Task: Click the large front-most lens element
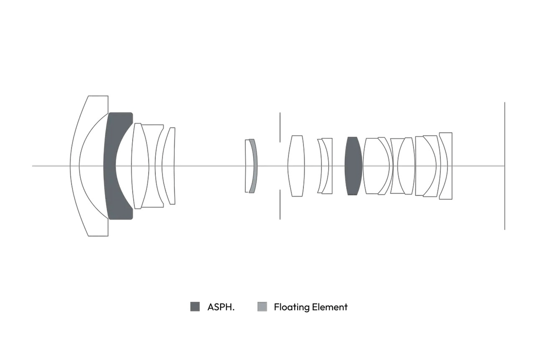click(75, 166)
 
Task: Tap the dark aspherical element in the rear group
click(353, 166)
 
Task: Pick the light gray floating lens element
click(254, 166)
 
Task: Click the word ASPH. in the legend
click(221, 307)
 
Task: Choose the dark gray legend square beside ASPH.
click(195, 307)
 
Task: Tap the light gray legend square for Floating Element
click(262, 307)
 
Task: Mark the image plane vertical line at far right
click(505, 166)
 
